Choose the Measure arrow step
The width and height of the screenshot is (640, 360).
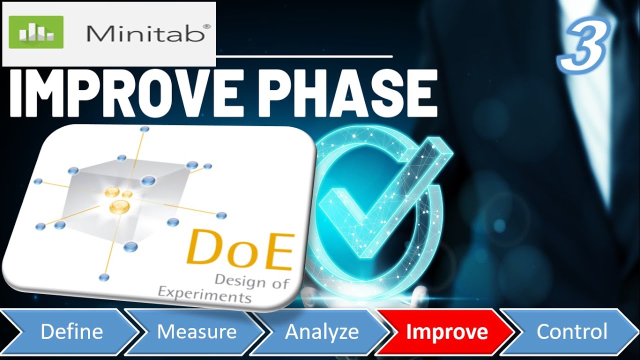click(196, 332)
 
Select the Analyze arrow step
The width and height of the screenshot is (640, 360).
click(321, 332)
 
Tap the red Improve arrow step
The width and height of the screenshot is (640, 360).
click(446, 332)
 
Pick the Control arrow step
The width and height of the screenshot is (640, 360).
click(571, 332)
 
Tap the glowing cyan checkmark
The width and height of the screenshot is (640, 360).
click(380, 200)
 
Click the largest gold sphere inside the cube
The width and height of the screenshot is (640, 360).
click(119, 206)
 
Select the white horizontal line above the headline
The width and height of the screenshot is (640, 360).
click(305, 57)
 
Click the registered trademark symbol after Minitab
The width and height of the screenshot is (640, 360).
click(207, 25)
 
